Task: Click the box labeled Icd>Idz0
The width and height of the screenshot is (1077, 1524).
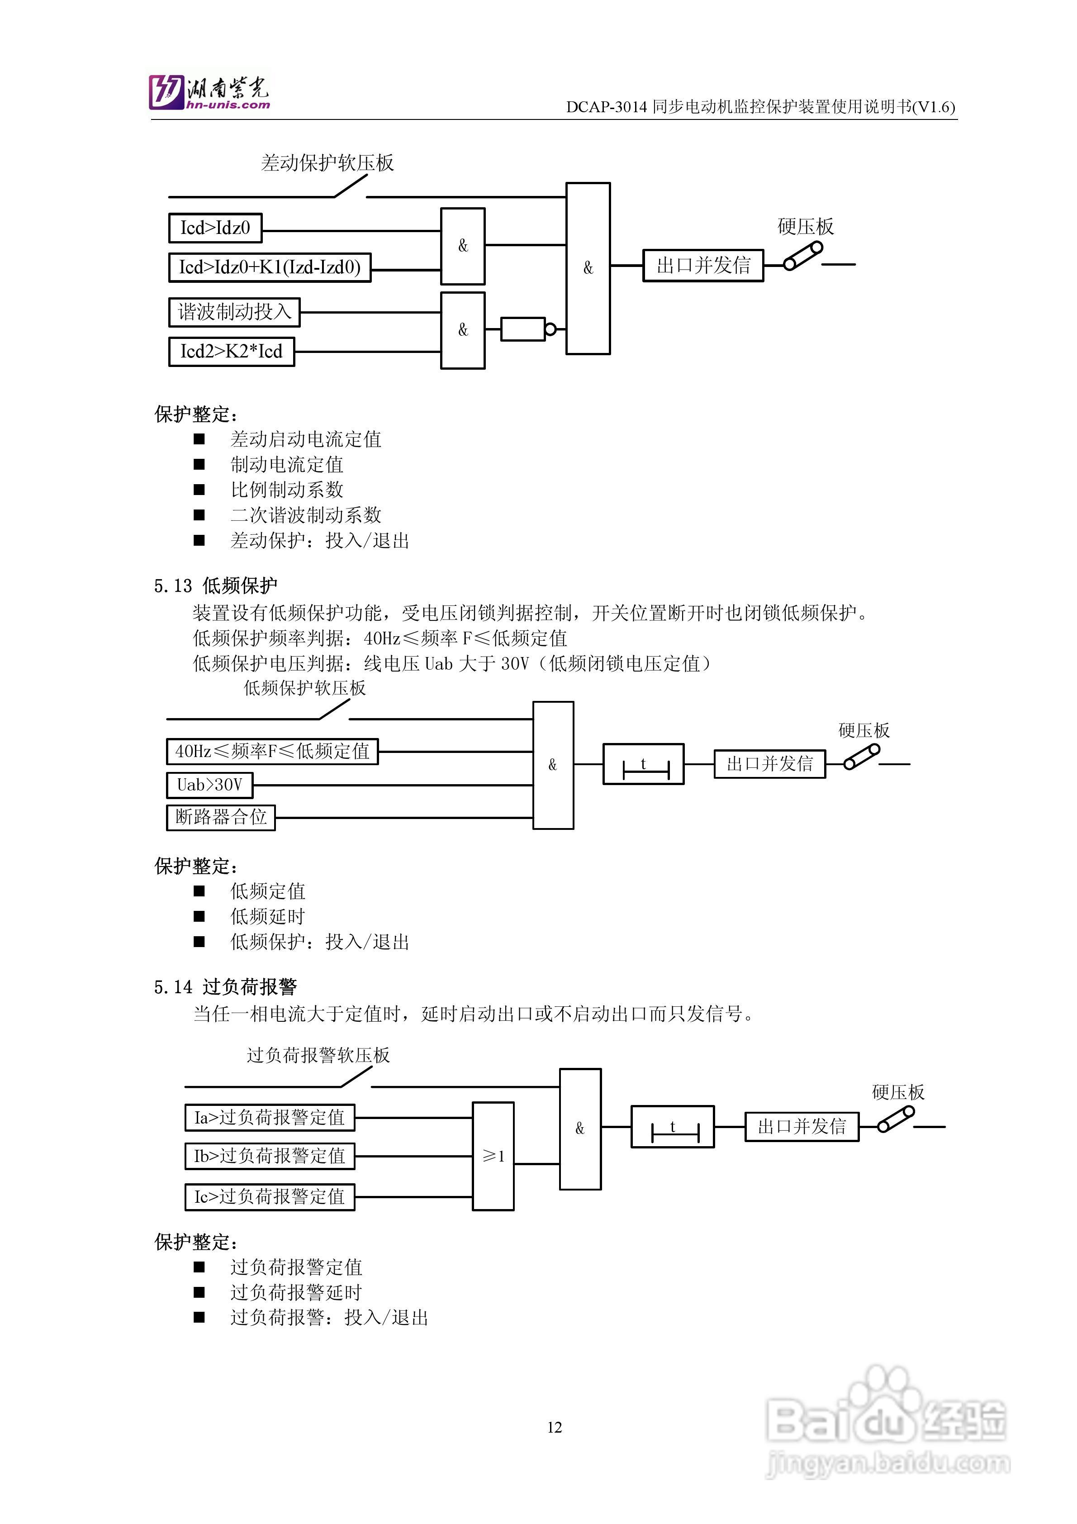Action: coord(215,229)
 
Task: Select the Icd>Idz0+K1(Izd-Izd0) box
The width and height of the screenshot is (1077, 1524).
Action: coord(270,267)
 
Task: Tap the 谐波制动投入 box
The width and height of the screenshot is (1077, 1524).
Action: coord(234,312)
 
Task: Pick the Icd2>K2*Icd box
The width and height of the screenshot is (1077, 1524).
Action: coord(231,352)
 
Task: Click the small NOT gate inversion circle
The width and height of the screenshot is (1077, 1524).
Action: coord(550,329)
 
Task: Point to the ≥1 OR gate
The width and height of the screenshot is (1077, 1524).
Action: coord(493,1156)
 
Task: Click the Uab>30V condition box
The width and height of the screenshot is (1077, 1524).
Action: coord(210,785)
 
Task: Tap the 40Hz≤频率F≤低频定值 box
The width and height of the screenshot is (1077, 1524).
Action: coord(272,752)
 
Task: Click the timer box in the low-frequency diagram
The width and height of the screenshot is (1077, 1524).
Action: coord(643,765)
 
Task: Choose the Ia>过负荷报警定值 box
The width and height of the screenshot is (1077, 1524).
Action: coord(270,1117)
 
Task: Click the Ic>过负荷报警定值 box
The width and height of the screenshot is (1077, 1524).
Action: coord(270,1197)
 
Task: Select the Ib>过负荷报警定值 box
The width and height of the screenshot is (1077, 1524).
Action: coord(270,1156)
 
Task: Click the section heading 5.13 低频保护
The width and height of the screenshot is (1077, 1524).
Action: coord(216,586)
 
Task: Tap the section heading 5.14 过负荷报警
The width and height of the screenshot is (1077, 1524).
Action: coord(226,987)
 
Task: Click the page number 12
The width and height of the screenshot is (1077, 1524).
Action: coord(555,1427)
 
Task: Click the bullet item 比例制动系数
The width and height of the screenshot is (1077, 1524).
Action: coord(287,490)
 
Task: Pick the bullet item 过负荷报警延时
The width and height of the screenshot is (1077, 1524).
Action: coord(296,1292)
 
